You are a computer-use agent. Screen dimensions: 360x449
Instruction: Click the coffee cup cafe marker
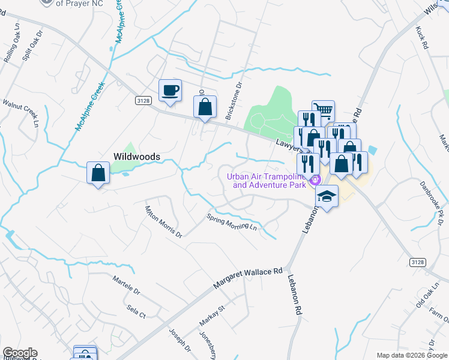pyautogui.click(x=170, y=91)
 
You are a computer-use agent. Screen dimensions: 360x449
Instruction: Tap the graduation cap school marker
pyautogui.click(x=327, y=197)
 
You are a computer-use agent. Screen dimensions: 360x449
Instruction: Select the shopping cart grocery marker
pyautogui.click(x=324, y=110)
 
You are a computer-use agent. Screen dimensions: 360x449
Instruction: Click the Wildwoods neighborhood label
pyautogui.click(x=137, y=157)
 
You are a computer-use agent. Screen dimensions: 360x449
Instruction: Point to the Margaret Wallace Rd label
pyautogui.click(x=248, y=279)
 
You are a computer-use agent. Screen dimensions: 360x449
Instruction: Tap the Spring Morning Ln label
pyautogui.click(x=232, y=223)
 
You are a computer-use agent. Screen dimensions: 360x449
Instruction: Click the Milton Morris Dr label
pyautogui.click(x=163, y=222)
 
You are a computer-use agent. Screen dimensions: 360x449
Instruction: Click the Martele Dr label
pyautogui.click(x=126, y=286)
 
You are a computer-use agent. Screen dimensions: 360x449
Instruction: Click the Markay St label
pyautogui.click(x=211, y=319)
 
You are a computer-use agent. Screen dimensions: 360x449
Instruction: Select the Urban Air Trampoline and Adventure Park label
pyautogui.click(x=267, y=181)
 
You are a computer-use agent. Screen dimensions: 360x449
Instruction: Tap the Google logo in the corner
pyautogui.click(x=20, y=353)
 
